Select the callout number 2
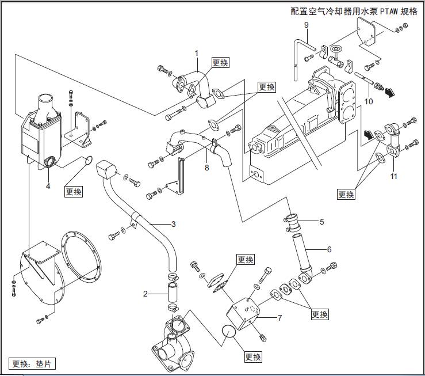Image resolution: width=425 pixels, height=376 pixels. pyautogui.click(x=146, y=294)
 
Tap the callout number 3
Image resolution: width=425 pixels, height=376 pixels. pyautogui.click(x=173, y=223)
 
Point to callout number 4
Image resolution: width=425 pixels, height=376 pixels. pyautogui.click(x=48, y=186)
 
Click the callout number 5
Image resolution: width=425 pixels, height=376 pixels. pyautogui.click(x=322, y=221)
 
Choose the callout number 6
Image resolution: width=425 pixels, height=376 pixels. pyautogui.click(x=329, y=249)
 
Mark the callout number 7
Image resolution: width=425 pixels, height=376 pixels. pyautogui.click(x=279, y=317)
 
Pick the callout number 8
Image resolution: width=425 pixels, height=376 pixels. pyautogui.click(x=205, y=168)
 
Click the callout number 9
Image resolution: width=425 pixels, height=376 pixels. pyautogui.click(x=306, y=24)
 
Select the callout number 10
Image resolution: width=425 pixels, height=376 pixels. pyautogui.click(x=369, y=101)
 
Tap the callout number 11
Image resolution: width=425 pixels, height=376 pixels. pyautogui.click(x=393, y=176)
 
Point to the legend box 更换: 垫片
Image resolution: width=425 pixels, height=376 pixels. pyautogui.click(x=32, y=363)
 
